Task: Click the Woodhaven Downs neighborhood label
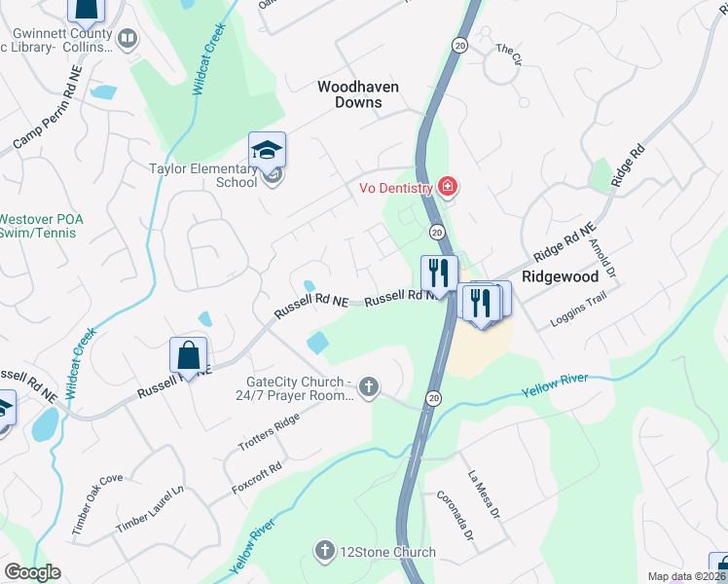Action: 358,94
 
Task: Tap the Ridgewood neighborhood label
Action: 560,276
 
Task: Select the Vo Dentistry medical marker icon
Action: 448,186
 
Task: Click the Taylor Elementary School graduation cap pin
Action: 267,151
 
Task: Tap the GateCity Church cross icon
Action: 368,388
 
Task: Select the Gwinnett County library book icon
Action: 127,40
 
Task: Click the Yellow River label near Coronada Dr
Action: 555,384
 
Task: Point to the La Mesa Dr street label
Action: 484,494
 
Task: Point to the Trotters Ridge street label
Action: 270,433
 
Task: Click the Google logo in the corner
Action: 32,572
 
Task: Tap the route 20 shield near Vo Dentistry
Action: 437,232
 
